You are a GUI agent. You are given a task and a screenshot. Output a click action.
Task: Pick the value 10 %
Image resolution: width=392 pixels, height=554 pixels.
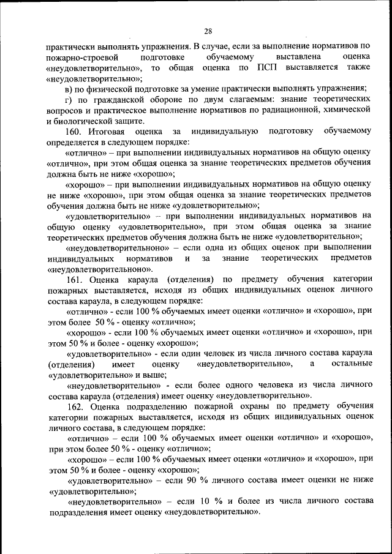205,501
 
